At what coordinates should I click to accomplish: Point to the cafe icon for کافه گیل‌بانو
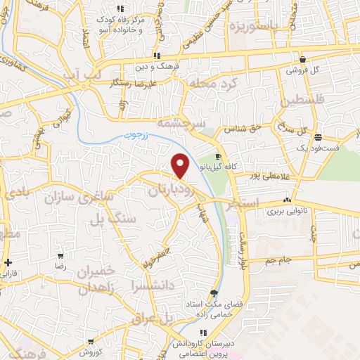(219, 156)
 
